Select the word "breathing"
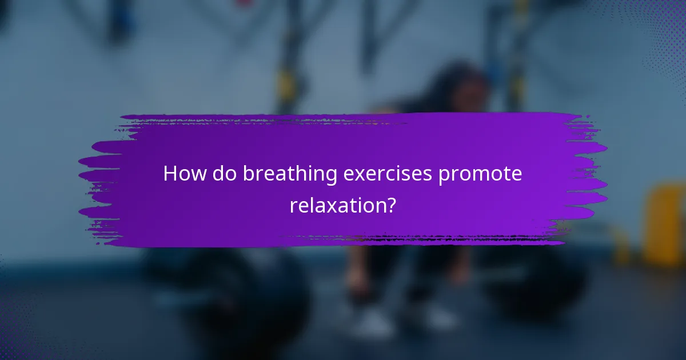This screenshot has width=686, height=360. click(x=290, y=175)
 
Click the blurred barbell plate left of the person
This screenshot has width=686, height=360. click(x=229, y=297)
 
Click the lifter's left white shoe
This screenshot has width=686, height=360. click(x=372, y=323)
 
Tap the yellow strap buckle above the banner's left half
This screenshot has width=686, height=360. click(x=286, y=86)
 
